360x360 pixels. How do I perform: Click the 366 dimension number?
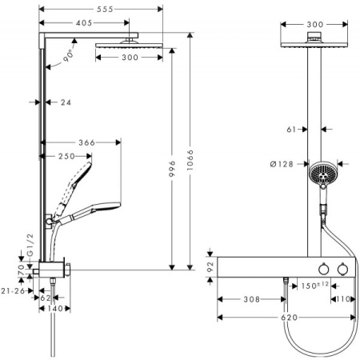(87, 142)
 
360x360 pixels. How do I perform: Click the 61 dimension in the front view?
(293, 127)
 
